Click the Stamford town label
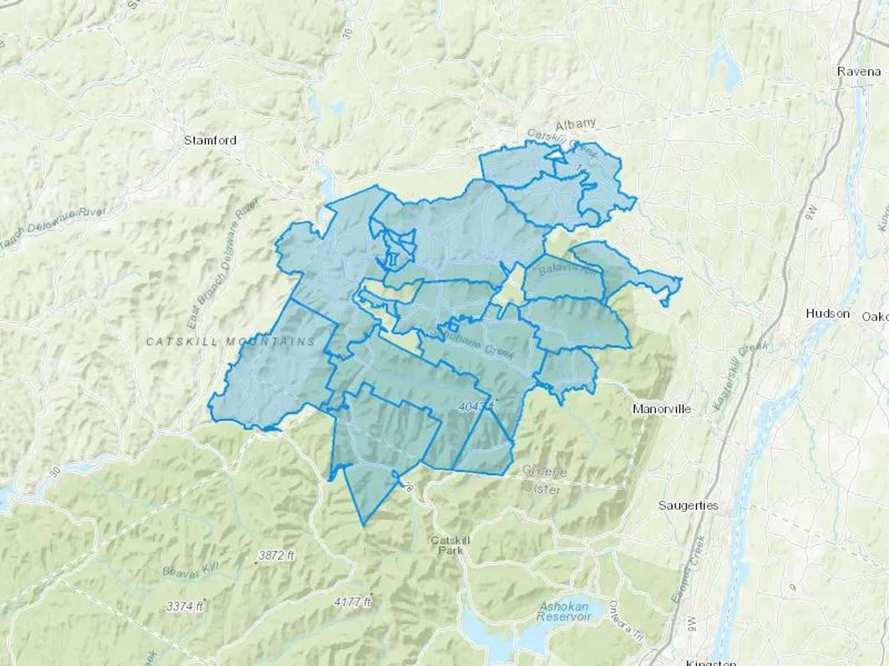[x=210, y=140]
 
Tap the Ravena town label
[x=859, y=71]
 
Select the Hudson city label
[x=827, y=313]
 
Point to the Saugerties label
[x=688, y=505]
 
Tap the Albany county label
[x=575, y=123]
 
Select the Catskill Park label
[x=450, y=545]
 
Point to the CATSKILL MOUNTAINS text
[x=231, y=341]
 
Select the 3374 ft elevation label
[x=186, y=606]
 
